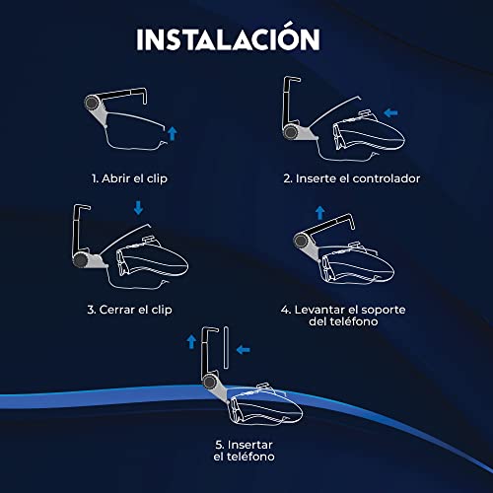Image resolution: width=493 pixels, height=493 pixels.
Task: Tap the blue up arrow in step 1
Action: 172,133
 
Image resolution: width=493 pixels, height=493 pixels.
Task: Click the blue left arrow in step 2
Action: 390,113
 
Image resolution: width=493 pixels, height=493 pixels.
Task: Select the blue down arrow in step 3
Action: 138,208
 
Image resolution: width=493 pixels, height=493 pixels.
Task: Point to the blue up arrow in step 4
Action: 319,213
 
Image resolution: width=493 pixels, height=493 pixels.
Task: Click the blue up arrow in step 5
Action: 191,342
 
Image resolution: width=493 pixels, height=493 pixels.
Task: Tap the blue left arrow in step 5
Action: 244,350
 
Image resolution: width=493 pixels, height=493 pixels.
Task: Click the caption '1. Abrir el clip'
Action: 129,178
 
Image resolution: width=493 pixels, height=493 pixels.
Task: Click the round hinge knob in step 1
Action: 91,103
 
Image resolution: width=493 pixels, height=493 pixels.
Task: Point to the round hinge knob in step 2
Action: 291,132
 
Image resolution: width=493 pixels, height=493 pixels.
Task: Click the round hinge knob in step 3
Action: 80,260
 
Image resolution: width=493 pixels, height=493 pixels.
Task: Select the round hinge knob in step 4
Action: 300,241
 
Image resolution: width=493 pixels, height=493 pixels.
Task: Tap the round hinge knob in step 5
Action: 209,383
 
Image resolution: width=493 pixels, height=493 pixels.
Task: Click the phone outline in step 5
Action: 226,348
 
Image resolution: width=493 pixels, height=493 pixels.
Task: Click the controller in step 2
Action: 369,131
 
